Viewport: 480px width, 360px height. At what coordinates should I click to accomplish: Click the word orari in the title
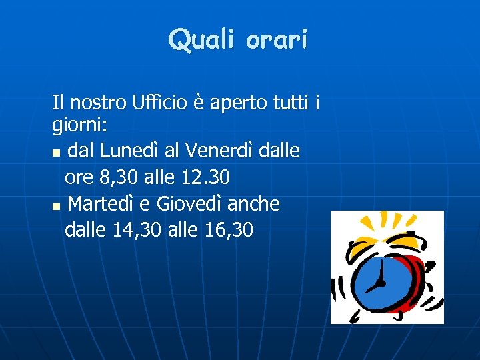click(276, 40)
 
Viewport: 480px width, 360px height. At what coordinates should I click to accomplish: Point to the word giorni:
click(77, 125)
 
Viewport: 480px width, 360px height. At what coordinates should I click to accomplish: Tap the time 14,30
click(138, 230)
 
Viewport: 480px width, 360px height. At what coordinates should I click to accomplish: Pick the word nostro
click(94, 103)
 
